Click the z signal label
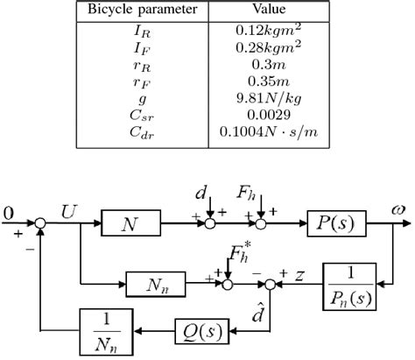pos(297,275)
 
